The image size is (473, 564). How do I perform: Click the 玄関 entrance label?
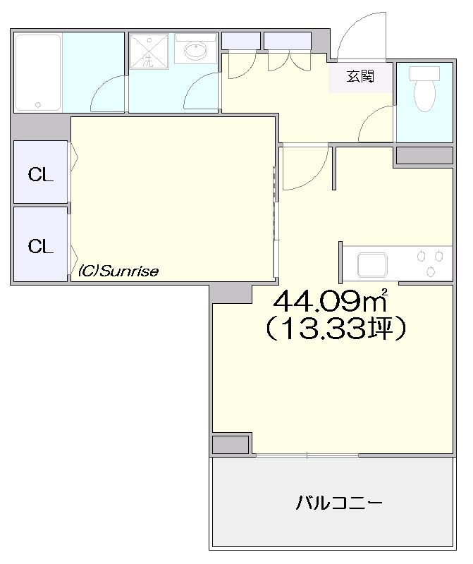point(360,77)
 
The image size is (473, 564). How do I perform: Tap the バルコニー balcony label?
point(339,503)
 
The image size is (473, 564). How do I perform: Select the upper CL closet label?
point(41,175)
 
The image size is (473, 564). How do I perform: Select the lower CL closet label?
point(41,247)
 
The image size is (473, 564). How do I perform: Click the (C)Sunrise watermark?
point(118,271)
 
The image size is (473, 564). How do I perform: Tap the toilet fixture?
point(425,90)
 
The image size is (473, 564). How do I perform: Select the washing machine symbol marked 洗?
point(149,51)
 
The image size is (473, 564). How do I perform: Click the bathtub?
point(38,73)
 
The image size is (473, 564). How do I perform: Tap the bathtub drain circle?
point(38,105)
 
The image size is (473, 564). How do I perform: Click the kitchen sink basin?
point(372,265)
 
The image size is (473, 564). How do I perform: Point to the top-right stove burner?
point(438,257)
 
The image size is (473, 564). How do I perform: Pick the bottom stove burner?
point(430,271)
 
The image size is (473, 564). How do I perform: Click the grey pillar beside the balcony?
point(231,445)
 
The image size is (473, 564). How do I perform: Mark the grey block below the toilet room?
point(424,155)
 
